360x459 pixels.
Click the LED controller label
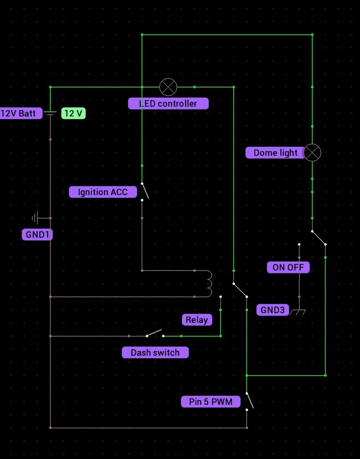click(x=168, y=103)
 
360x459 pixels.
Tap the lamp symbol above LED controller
click(x=168, y=87)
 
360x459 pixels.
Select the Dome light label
click(x=275, y=153)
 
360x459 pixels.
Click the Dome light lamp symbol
click(x=312, y=153)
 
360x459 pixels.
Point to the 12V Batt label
click(x=19, y=113)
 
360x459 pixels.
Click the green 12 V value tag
click(x=73, y=113)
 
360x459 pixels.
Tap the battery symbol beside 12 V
click(x=50, y=113)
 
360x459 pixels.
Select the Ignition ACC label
click(x=103, y=192)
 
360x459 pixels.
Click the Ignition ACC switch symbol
click(x=144, y=191)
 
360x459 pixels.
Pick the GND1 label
click(x=37, y=235)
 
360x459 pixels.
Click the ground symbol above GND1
click(x=37, y=218)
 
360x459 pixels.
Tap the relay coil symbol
click(x=208, y=284)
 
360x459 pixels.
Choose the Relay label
click(x=197, y=320)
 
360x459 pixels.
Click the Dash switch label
click(x=155, y=353)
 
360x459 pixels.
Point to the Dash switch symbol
click(x=154, y=334)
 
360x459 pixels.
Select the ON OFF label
click(x=288, y=267)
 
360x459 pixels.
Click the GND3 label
click(x=273, y=310)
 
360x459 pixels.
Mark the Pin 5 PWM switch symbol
click(x=249, y=401)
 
